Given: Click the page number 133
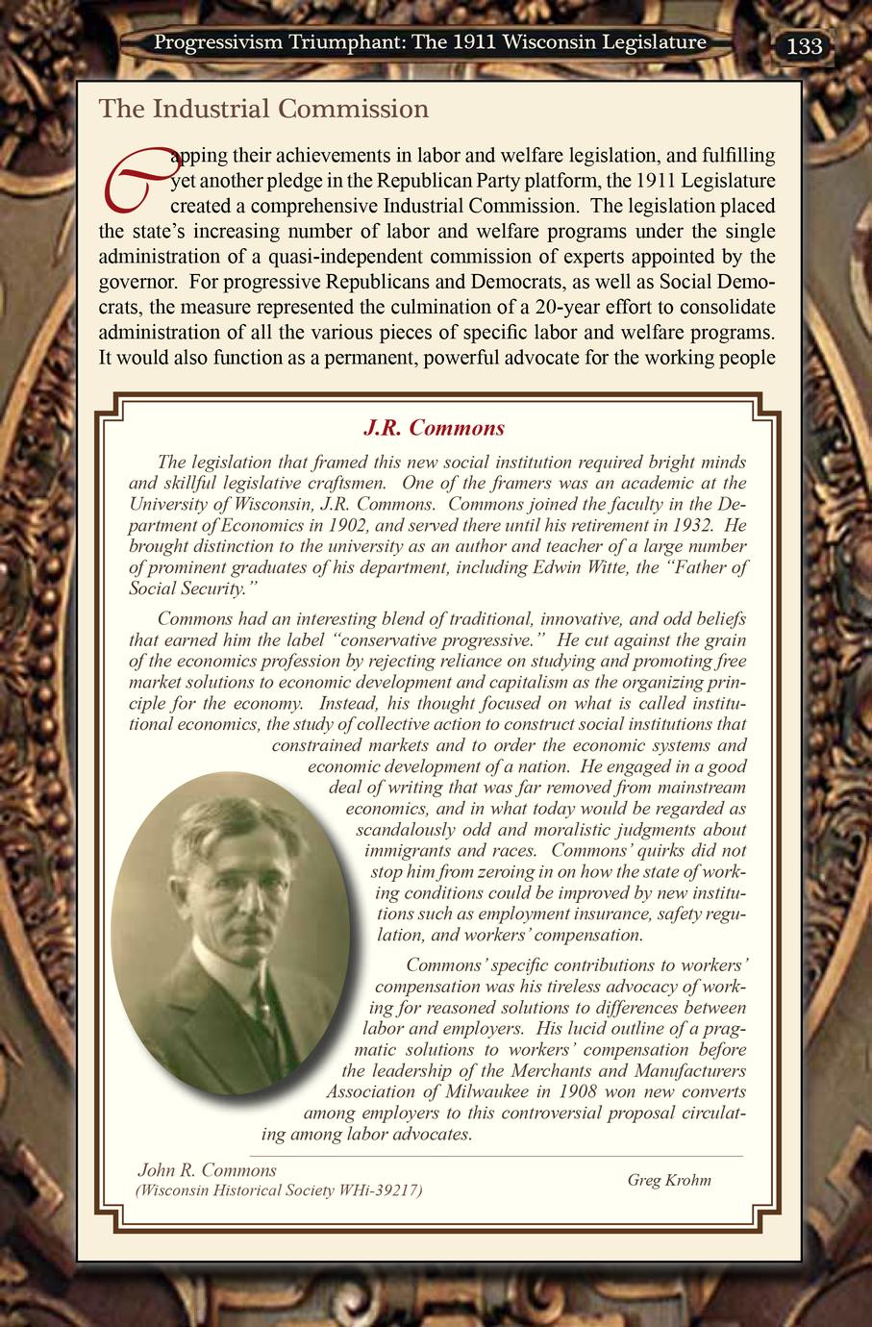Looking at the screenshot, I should point(804,45).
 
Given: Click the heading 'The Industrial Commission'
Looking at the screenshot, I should point(263,109).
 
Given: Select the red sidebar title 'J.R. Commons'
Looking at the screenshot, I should point(433,427).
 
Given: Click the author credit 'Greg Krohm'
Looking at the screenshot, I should point(669,1180).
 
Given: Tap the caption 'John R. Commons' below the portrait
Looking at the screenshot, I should point(208,1170).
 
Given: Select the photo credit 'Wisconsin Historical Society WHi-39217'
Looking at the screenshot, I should point(280,1190).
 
